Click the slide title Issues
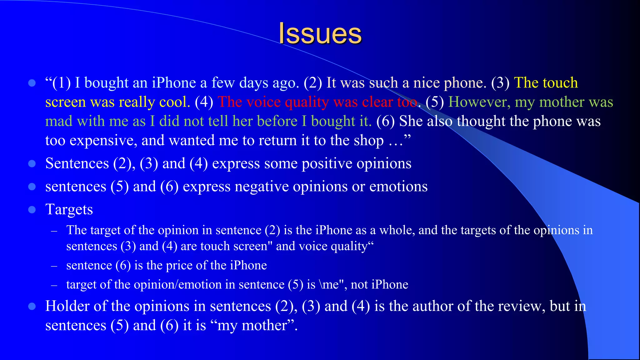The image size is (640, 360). (320, 33)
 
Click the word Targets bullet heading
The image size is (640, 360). (69, 209)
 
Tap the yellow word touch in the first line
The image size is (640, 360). (560, 83)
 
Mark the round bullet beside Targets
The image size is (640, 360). (32, 209)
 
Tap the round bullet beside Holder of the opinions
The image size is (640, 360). (32, 306)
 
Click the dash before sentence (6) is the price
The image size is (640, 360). (54, 266)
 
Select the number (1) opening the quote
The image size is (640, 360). (62, 83)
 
